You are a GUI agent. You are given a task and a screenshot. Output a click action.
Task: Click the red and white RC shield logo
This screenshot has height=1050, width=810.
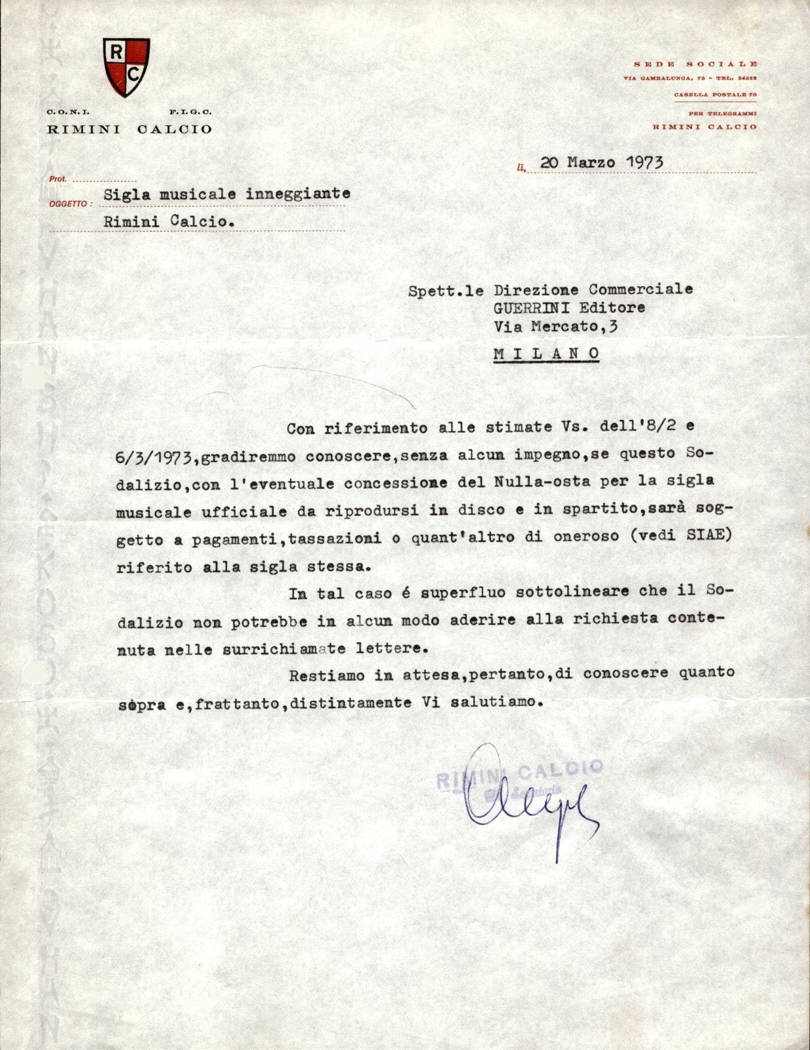(x=126, y=66)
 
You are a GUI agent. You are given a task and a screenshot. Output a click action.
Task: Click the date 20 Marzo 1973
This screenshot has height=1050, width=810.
(x=601, y=162)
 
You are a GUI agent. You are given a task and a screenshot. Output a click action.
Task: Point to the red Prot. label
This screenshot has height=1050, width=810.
(x=58, y=178)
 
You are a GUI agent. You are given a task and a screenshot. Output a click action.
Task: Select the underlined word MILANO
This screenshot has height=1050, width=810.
(x=546, y=354)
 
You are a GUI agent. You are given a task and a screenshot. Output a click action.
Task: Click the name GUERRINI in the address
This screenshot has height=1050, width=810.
(x=532, y=307)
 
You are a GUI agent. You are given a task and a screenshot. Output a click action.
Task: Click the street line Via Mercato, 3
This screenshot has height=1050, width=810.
(x=555, y=326)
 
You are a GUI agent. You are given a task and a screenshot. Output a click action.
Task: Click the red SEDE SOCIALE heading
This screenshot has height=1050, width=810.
(x=695, y=64)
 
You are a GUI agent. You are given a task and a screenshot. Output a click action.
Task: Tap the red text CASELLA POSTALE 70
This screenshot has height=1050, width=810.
(x=715, y=95)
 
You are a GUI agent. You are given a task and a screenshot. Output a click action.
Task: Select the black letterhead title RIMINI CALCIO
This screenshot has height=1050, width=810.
(x=129, y=129)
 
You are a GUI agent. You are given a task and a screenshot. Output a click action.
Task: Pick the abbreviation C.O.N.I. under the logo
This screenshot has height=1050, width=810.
(x=63, y=113)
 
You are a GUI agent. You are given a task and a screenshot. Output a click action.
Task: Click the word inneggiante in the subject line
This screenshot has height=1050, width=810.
(x=298, y=194)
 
